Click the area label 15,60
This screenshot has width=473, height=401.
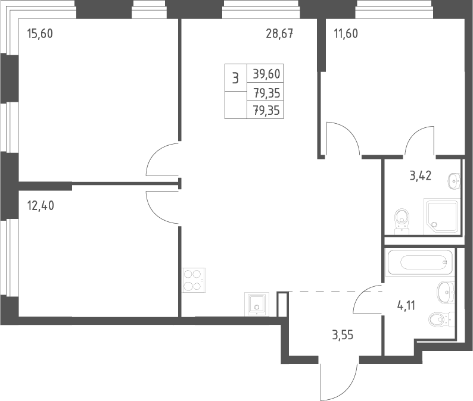pyautogui.click(x=40, y=33)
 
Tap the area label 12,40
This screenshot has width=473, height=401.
pyautogui.click(x=41, y=206)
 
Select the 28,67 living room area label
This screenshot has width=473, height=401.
pyautogui.click(x=279, y=33)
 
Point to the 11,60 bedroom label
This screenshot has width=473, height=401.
pyautogui.click(x=346, y=33)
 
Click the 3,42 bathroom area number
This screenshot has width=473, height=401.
pyautogui.click(x=421, y=176)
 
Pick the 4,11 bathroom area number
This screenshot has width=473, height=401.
pyautogui.click(x=406, y=306)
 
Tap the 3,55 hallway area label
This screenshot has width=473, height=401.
pyautogui.click(x=343, y=335)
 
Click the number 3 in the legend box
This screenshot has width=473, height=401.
pyautogui.click(x=235, y=78)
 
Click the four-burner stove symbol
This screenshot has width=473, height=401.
pyautogui.click(x=194, y=280)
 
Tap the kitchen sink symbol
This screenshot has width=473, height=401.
pyautogui.click(x=256, y=304)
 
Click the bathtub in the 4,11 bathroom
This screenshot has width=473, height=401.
pyautogui.click(x=419, y=262)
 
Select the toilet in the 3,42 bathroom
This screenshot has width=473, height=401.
pyautogui.click(x=402, y=221)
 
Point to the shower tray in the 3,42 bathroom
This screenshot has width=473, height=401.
pyautogui.click(x=442, y=217)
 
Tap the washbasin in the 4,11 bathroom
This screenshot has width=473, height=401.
pyautogui.click(x=446, y=291)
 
